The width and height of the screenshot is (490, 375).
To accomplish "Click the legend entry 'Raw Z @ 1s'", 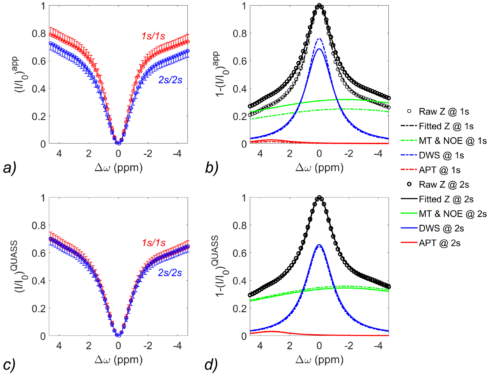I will pos(443,111).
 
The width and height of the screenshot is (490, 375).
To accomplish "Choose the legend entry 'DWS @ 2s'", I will pos(441,228).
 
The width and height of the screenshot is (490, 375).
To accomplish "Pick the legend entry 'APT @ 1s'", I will pos(439,170).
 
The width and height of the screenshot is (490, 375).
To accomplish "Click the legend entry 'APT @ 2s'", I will pos(439,243).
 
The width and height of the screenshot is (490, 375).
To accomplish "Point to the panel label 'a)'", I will pos(9,168).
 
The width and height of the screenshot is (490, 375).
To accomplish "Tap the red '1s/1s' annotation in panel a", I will pos(153,36).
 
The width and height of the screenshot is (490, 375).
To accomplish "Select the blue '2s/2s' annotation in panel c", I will pos(170,273).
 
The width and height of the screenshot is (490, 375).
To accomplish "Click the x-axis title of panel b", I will pos(319,168).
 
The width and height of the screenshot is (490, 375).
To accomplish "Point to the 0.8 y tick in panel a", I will pos(39,34).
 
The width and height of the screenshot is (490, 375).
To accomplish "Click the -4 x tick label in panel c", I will pos(177,345).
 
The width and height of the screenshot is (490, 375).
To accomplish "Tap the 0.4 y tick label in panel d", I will pos(240,281).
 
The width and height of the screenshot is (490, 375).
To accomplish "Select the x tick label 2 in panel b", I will pos(289,153).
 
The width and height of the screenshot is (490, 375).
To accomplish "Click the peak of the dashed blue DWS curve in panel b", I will pos(319,38).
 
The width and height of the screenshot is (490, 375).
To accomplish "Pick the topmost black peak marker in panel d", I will pos(319,198).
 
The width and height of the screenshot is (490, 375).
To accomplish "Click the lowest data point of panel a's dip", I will pos(119,143).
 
